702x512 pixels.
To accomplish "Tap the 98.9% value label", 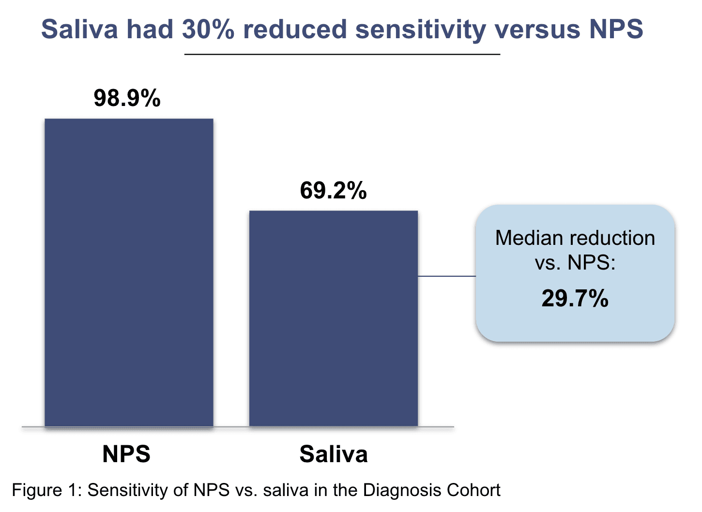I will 127,98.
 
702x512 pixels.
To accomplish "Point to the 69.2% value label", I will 333,190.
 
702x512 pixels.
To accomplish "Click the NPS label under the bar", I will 126,454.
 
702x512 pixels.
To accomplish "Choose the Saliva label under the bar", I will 334,454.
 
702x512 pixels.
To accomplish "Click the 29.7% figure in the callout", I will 575,298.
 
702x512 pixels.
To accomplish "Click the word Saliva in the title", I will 79,29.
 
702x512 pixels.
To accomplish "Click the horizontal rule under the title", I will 342,55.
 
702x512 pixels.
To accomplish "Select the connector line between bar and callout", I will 447,276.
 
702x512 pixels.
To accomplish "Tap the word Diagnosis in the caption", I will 402,490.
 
